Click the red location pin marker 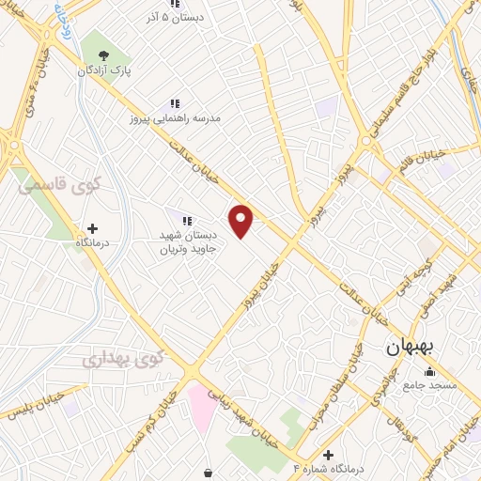tap(241, 221)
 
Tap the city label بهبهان tap(411, 347)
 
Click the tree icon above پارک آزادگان tap(103, 54)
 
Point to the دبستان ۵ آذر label tap(172, 17)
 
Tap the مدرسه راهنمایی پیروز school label tap(175, 119)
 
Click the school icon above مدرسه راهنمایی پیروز tap(173, 103)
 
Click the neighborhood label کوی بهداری tap(122, 358)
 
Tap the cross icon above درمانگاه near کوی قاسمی tap(92, 227)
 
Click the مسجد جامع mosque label tap(429, 386)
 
